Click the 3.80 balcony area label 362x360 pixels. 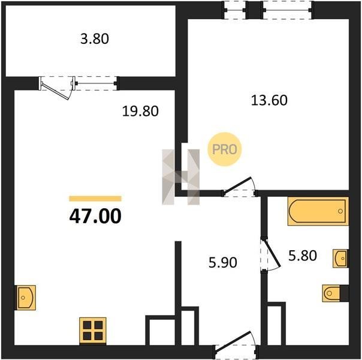(95, 39)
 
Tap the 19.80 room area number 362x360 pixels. (140, 111)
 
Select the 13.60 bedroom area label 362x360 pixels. (269, 101)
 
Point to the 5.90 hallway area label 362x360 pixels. (223, 263)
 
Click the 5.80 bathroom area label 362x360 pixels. (303, 256)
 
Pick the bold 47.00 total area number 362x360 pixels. (95, 216)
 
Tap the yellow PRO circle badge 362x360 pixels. (224, 149)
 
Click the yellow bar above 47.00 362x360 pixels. (95, 199)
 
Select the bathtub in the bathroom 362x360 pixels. (318, 211)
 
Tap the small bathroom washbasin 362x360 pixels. (340, 259)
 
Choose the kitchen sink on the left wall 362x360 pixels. (25, 298)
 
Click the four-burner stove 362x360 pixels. (93, 331)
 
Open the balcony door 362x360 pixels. (58, 88)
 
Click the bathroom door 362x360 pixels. (270, 254)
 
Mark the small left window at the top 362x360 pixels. (236, 10)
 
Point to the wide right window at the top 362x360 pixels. (287, 10)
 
